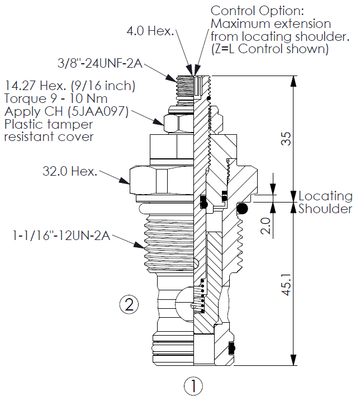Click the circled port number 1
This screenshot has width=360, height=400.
(193, 385)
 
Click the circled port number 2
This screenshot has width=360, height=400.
(129, 305)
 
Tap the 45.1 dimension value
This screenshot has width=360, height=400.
(286, 284)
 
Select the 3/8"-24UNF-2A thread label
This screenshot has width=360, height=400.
(101, 64)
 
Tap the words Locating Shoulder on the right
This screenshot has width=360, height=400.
(325, 203)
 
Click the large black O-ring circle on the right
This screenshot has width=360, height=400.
(242, 209)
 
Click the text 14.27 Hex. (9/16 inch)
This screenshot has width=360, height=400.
(70, 86)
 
